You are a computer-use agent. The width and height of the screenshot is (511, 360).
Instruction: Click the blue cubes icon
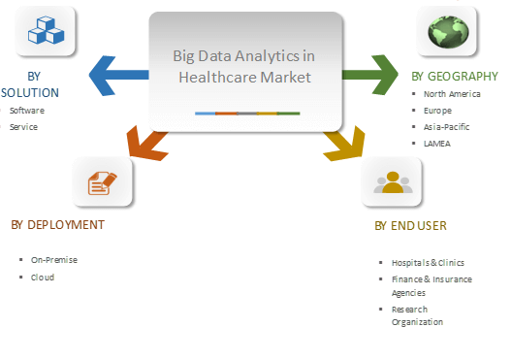coord(48,33)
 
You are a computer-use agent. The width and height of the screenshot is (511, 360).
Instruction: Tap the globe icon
coord(447,33)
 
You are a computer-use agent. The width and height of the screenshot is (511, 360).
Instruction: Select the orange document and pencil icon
coord(102,181)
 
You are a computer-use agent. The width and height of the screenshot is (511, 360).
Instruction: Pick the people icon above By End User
coord(393,181)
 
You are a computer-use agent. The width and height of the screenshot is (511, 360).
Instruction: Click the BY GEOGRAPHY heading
coord(455,76)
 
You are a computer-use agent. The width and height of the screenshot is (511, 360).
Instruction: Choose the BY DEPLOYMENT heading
coord(57,224)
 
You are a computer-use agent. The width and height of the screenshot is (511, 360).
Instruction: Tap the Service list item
coord(23,126)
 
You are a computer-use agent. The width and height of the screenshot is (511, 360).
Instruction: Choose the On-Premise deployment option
coord(54,260)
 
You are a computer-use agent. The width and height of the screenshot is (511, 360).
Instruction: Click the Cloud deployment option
coord(43,277)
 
